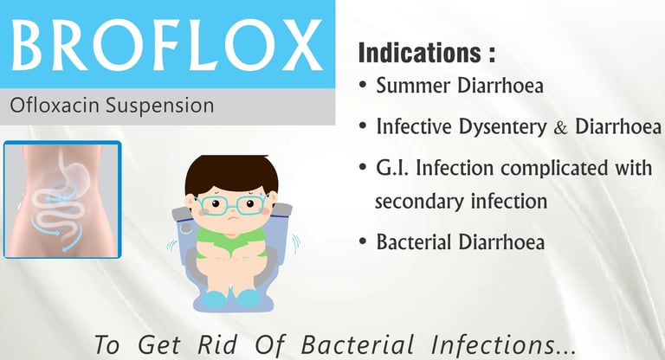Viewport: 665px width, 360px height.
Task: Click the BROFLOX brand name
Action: (x=167, y=45)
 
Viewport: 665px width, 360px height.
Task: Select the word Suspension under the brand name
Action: (x=160, y=106)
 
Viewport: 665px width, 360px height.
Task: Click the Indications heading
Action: (x=427, y=52)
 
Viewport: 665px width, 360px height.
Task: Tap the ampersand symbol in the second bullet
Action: (x=561, y=127)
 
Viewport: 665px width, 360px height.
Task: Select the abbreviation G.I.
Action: (x=392, y=168)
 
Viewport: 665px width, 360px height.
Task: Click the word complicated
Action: (x=554, y=169)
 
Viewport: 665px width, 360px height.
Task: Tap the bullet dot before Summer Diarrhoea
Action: (x=362, y=85)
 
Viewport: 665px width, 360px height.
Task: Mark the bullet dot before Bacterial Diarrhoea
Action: (x=362, y=241)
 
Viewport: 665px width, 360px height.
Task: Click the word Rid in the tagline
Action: (x=217, y=344)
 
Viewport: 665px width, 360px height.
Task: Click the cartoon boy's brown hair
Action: (x=231, y=173)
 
